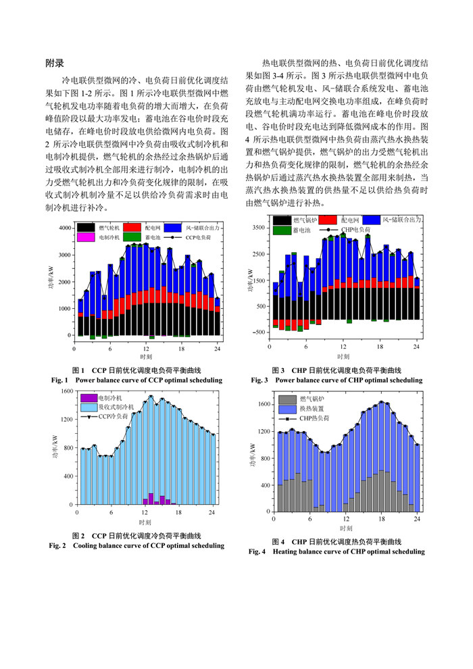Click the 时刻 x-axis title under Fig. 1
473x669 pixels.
[x=146, y=356]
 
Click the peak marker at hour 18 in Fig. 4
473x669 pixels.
[x=382, y=402]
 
